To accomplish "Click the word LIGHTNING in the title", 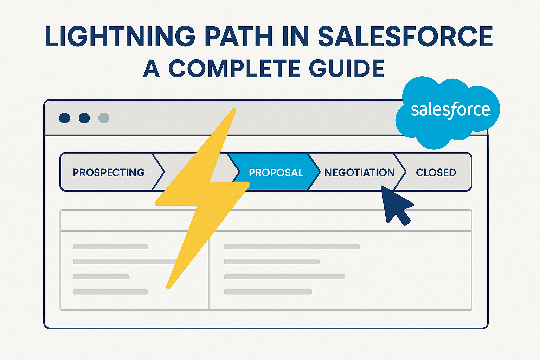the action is pos(120,36).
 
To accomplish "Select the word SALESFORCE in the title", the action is pos(405,36).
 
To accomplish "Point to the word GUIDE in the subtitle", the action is pos(347,69).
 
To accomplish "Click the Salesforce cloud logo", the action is pos(448,112).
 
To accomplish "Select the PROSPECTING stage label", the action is pos(109,173).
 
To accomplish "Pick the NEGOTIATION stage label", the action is pos(359,173).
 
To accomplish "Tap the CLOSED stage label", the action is pos(436,173).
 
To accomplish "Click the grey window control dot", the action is pos(104,118).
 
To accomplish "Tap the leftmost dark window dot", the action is pos(65,118).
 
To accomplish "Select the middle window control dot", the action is pos(84,118).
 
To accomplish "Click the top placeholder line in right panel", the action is pos(292,247).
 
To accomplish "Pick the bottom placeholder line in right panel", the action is pos(268,292).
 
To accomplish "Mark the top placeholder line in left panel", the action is pos(110,247).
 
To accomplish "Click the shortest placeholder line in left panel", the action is pos(101,277).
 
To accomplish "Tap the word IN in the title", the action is pos(296,36).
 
